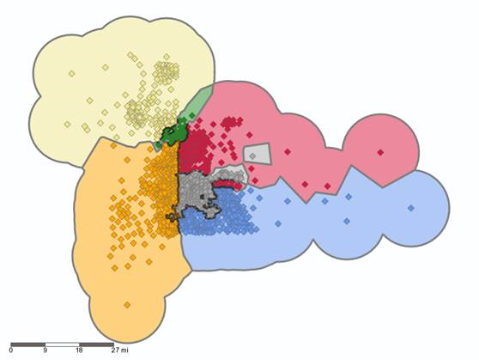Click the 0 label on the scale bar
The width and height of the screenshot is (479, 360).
(11, 351)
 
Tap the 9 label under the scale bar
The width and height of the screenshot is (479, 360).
(45, 351)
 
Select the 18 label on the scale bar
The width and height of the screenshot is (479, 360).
(79, 351)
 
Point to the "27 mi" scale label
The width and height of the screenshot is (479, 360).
(120, 351)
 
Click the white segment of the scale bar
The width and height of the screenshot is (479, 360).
(63, 345)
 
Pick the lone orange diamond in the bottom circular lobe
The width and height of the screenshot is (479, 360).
(127, 305)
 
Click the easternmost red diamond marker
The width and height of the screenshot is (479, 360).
(380, 152)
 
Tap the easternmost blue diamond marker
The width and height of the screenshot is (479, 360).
(411, 208)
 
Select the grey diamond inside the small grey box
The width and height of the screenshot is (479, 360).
(252, 156)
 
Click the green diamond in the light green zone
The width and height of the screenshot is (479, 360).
(191, 115)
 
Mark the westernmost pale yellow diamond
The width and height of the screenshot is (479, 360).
(68, 125)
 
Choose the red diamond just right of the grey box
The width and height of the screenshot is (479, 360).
(288, 151)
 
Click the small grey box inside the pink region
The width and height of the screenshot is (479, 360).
(258, 154)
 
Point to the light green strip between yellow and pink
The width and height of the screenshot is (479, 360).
(196, 103)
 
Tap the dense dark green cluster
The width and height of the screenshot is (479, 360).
(175, 133)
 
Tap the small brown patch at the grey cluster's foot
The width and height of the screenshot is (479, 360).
(173, 217)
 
